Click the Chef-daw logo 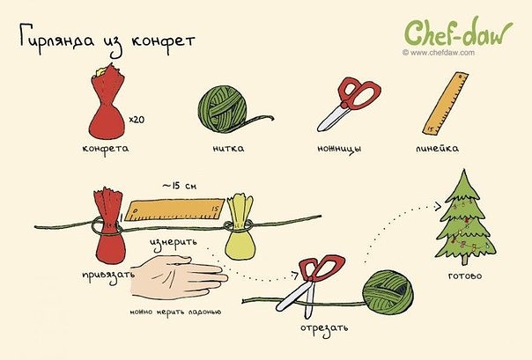(458, 33)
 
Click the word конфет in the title (163, 40)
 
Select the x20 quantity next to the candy (137, 120)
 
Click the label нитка (228, 149)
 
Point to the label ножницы (339, 149)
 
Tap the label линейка (437, 148)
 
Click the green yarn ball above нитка (222, 107)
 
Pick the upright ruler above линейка (446, 103)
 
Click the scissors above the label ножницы (349, 103)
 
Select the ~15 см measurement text (179, 186)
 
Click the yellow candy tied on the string (240, 226)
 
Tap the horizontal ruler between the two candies (174, 210)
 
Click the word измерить (174, 243)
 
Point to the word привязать (108, 275)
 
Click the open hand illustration (179, 276)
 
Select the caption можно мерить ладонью (175, 312)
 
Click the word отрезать (324, 328)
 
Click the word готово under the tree (465, 276)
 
